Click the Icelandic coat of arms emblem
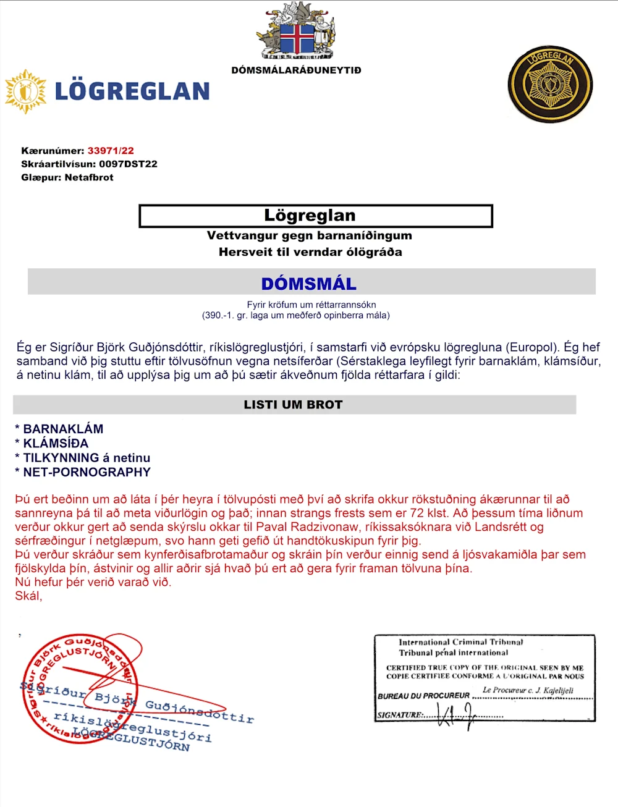(x=297, y=31)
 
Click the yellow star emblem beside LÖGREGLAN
(x=25, y=91)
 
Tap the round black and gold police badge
(x=549, y=84)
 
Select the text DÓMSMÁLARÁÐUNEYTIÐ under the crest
(x=296, y=70)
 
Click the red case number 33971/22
(x=111, y=151)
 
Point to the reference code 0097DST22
(x=128, y=164)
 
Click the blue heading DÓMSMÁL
(x=308, y=284)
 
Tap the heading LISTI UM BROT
(x=293, y=405)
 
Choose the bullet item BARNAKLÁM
(x=63, y=429)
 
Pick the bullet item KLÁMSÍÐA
(x=56, y=443)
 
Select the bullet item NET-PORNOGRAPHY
(x=87, y=472)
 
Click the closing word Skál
(x=28, y=596)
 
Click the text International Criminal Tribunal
(x=460, y=642)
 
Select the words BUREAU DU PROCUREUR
(x=423, y=696)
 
